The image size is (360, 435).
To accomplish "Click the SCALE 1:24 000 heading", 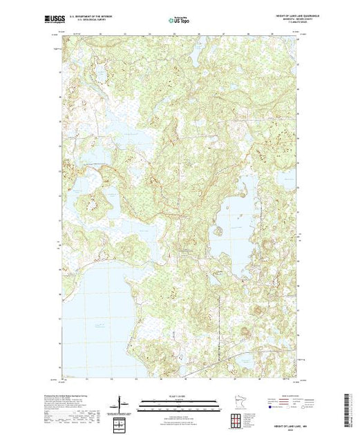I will [x=177, y=395].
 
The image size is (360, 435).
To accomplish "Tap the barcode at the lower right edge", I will [x=352, y=406].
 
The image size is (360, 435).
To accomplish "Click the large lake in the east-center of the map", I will [x=231, y=228].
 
